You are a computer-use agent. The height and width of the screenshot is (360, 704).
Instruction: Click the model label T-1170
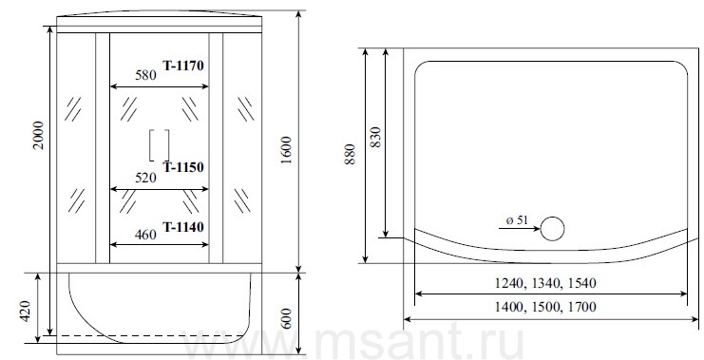[x=183, y=66]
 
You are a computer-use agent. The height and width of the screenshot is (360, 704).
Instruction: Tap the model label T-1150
[x=183, y=167]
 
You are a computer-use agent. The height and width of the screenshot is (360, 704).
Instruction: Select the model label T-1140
[x=183, y=227]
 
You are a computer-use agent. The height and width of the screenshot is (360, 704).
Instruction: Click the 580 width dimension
[x=146, y=75]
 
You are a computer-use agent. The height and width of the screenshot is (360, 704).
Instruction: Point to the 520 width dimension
[x=146, y=179]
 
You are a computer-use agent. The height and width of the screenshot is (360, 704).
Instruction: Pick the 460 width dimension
[x=146, y=235]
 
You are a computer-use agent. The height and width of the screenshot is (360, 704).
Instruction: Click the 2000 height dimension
[x=40, y=135]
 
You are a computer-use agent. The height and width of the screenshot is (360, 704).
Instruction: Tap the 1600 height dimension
[x=287, y=150]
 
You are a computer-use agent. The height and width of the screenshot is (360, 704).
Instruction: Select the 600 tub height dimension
[x=287, y=319]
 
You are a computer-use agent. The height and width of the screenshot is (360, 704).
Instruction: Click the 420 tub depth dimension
[x=25, y=312]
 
